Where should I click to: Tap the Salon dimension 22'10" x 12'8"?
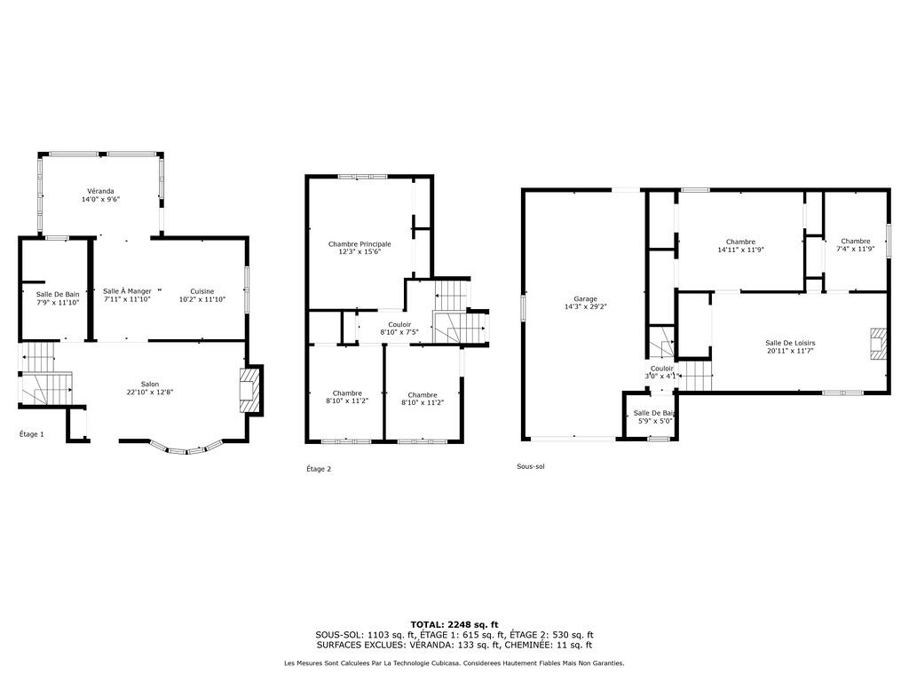tap(150, 392)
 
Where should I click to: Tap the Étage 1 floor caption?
tap(32, 434)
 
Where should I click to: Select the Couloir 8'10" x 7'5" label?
tap(399, 329)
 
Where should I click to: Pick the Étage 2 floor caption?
tap(319, 469)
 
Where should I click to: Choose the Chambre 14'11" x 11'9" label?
tap(741, 246)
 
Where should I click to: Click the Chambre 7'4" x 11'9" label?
tap(856, 245)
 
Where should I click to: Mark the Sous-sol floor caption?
tap(531, 466)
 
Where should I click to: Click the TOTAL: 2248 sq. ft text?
tap(454, 624)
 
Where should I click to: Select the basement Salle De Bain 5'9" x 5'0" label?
tap(654, 417)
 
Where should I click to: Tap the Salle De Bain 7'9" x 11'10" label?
tap(58, 298)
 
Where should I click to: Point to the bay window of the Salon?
tap(186, 449)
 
